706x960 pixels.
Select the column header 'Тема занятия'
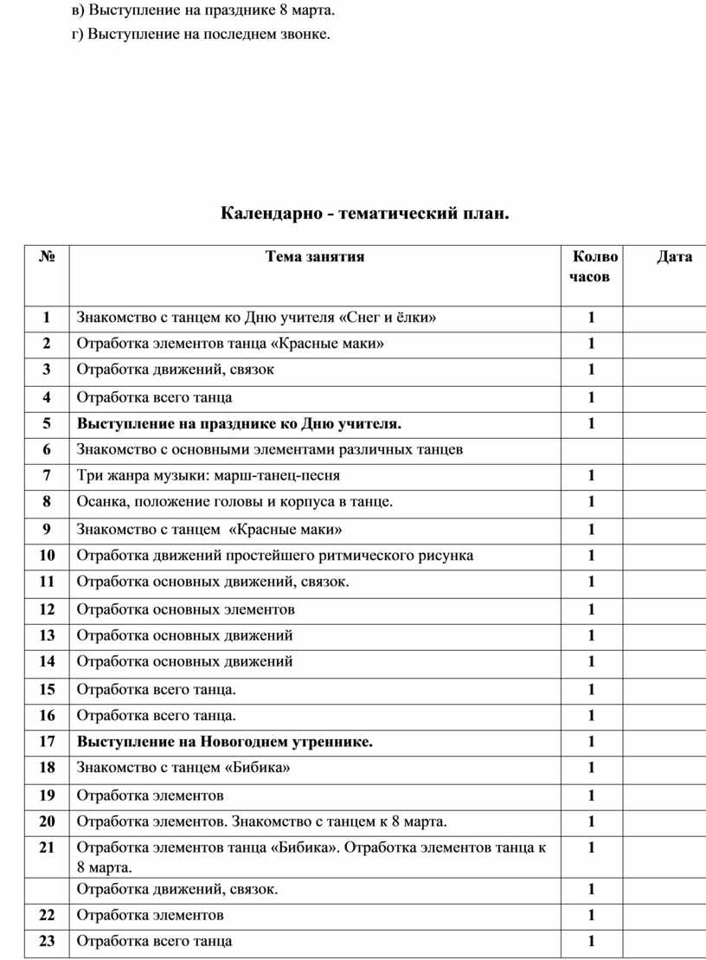315,256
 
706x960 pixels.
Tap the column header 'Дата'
674,256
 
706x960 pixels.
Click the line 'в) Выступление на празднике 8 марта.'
202,10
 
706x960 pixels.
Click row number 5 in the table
47,423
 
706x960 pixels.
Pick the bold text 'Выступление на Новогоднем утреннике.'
225,741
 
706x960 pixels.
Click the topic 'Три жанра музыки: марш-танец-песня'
209,475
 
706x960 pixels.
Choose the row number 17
47,741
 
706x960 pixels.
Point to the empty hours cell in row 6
592,449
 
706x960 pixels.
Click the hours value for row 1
592,318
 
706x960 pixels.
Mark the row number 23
47,941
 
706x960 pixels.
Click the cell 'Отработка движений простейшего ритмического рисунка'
275,555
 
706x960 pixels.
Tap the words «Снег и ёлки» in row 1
394,318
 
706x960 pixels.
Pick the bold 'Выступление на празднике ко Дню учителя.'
239,423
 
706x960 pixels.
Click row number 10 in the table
47,555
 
